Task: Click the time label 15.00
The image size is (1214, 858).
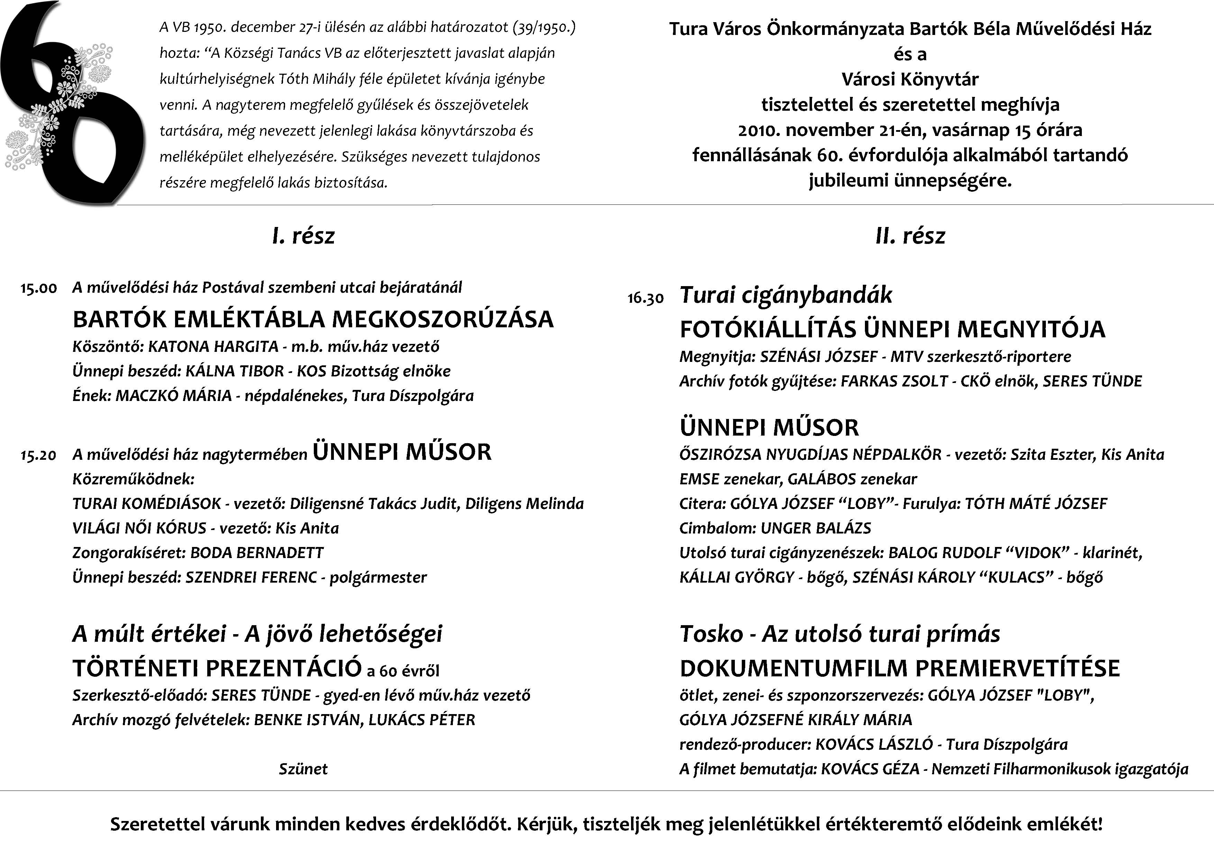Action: coord(39,289)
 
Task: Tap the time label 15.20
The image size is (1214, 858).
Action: coord(39,456)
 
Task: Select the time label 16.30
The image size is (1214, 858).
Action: coord(646,299)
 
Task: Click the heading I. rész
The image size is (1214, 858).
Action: coord(303,236)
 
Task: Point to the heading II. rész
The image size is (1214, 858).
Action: coord(910,236)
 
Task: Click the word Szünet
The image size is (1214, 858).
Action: coord(303,769)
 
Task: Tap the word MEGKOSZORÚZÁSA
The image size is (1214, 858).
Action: coord(443,319)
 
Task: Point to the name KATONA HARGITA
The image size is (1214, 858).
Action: coord(213,347)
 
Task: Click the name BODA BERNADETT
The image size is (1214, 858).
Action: coord(257,553)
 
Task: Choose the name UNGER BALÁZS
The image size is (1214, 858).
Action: coord(816,528)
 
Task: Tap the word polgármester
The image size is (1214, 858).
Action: coord(378,578)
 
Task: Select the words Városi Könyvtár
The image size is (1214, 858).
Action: coord(910,79)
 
